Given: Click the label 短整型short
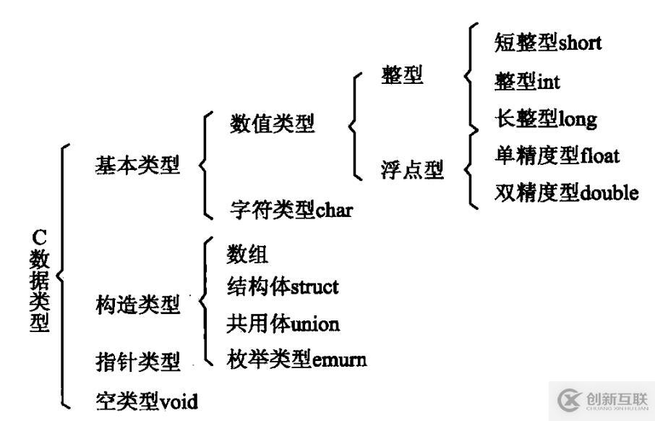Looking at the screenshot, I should pyautogui.click(x=547, y=43).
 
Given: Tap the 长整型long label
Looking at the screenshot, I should pyautogui.click(x=546, y=119).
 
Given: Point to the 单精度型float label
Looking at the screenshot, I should pyautogui.click(x=557, y=156).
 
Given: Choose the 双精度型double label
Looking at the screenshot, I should pyautogui.click(x=567, y=192).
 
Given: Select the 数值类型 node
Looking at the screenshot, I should pyautogui.click(x=273, y=124).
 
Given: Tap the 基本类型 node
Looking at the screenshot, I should pyautogui.click(x=137, y=166).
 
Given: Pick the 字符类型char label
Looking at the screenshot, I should pyautogui.click(x=292, y=211).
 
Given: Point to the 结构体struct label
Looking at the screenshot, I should pyautogui.click(x=282, y=286).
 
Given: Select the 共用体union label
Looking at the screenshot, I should pyautogui.click(x=283, y=323).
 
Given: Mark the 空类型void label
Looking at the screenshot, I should pyautogui.click(x=147, y=399).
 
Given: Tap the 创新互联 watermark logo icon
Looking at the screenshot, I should pyautogui.click(x=569, y=399).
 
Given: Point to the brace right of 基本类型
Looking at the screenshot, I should pyautogui.click(x=204, y=166).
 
